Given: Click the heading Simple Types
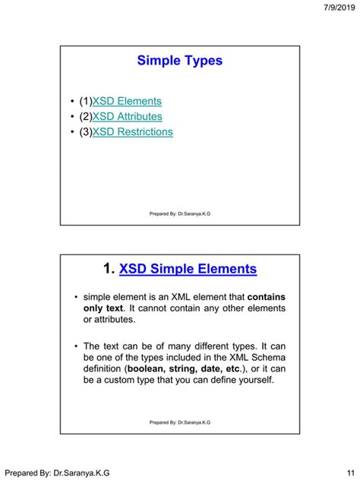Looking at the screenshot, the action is click(180, 61).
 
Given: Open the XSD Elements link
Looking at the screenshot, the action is click(127, 101).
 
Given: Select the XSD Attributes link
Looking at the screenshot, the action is click(127, 116).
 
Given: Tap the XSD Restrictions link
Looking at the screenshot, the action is click(132, 132).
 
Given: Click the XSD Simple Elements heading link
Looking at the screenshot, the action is click(188, 269).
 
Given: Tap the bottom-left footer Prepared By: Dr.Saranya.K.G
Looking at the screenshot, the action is click(58, 472).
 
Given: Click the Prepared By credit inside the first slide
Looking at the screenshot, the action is click(180, 214).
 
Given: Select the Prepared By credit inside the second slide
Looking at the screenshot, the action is click(180, 422).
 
